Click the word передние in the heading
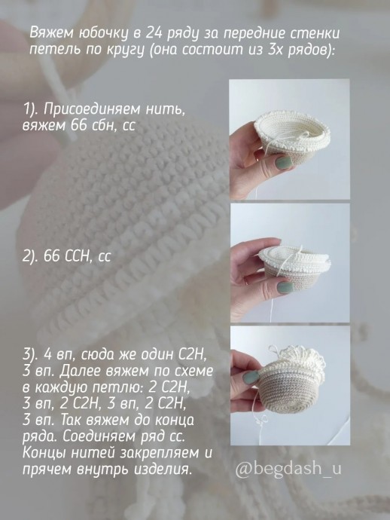coord(264,35)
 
